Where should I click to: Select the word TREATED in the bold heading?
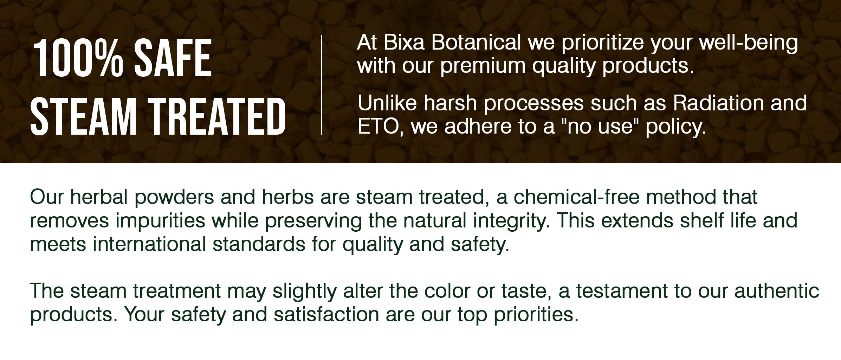point(219,117)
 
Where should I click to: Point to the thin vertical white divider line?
point(322,85)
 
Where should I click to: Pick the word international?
point(149,244)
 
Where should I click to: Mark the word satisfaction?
point(326,315)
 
